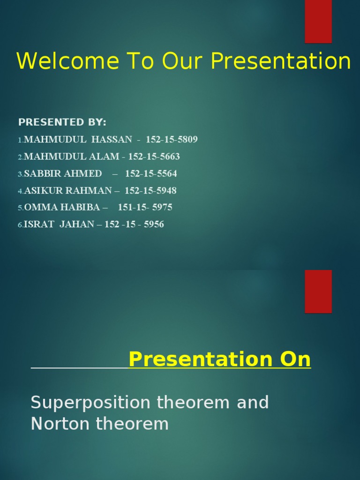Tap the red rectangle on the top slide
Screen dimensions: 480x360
(318, 21)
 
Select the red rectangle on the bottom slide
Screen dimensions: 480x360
(318, 291)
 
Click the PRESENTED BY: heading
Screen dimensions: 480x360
(62, 122)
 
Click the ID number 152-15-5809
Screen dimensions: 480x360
(172, 140)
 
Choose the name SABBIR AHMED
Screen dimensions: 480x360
(63, 174)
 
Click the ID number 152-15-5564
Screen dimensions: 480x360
(151, 174)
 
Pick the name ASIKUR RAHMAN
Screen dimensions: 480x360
(68, 191)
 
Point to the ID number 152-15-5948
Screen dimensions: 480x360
(150, 191)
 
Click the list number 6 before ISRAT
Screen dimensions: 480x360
(20, 225)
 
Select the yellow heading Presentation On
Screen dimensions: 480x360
(219, 360)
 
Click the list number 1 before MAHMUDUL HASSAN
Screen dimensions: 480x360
(20, 140)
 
